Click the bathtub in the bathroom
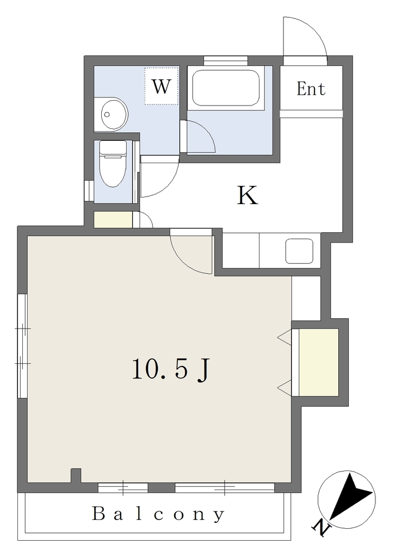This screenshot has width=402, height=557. click(x=226, y=88)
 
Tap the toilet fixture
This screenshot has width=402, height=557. click(x=113, y=164)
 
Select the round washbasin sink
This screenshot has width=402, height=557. click(x=113, y=114)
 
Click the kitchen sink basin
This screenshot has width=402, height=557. click(x=299, y=251)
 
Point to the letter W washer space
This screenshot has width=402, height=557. click(x=161, y=86)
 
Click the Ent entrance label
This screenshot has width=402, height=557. click(x=311, y=89)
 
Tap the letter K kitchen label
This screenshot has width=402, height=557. click(x=247, y=195)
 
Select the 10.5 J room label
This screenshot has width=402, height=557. click(x=171, y=369)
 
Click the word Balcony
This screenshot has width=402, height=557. click(x=158, y=515)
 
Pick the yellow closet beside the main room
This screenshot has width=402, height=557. click(x=319, y=362)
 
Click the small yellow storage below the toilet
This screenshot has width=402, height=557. click(x=113, y=220)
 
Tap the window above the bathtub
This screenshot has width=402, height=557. click(x=226, y=60)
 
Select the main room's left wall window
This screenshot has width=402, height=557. click(x=23, y=346)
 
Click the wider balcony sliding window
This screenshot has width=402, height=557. click(x=225, y=487)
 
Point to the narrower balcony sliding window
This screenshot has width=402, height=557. click(x=123, y=487)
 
